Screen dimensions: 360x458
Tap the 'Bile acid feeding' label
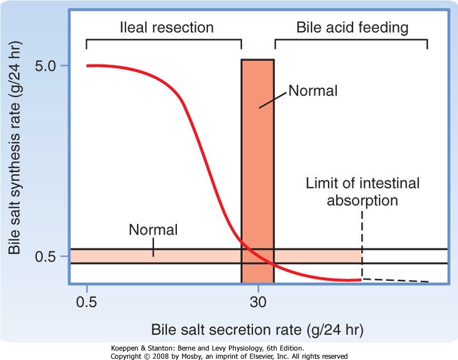click(352, 27)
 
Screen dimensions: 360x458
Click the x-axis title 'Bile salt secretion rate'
click(258, 330)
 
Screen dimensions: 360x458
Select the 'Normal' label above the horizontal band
click(153, 230)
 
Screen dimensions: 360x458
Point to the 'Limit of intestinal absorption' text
click(362, 192)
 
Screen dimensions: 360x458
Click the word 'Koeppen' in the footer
click(121, 348)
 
